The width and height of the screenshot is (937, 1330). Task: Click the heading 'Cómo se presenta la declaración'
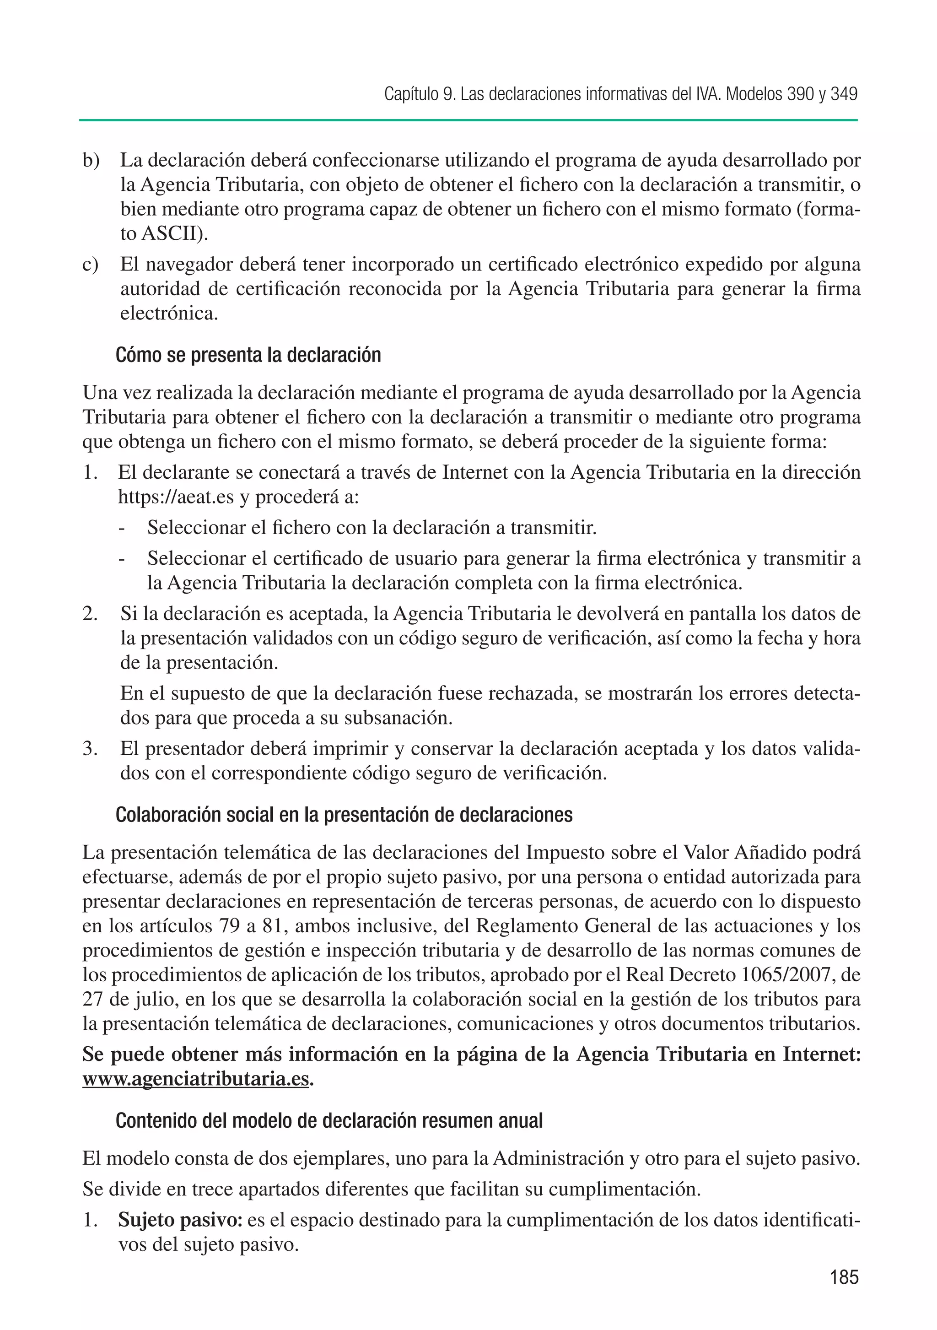(x=248, y=355)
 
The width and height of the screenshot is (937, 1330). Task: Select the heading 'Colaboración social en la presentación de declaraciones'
(x=344, y=815)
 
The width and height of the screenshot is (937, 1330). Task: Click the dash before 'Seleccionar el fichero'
(x=122, y=528)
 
